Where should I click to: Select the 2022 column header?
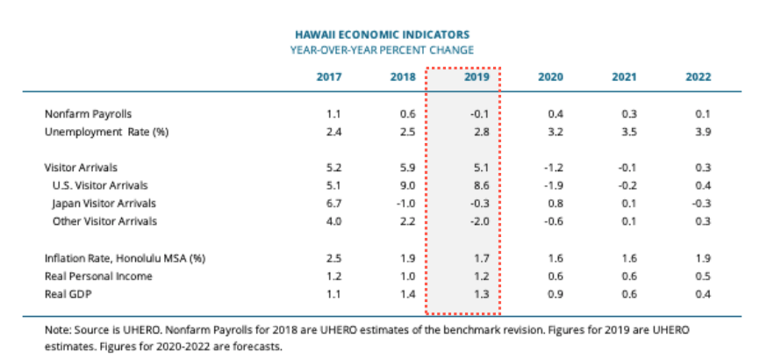(699, 76)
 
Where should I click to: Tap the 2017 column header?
(329, 76)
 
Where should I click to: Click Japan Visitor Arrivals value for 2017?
(333, 203)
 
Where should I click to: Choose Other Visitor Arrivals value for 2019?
(478, 220)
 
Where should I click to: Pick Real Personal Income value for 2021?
(629, 276)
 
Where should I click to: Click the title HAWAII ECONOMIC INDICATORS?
(381, 34)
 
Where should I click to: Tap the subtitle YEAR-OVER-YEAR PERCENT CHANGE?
(381, 50)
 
